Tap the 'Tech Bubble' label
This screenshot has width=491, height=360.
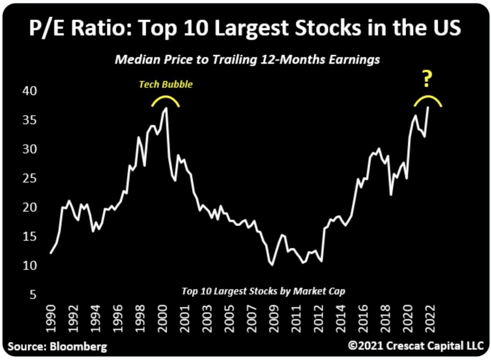pyautogui.click(x=165, y=84)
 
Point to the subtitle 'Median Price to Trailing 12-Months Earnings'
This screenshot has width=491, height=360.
pyautogui.click(x=247, y=59)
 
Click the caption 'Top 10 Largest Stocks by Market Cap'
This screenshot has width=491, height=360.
pyautogui.click(x=263, y=290)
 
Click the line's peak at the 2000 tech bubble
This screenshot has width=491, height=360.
pyautogui.click(x=166, y=108)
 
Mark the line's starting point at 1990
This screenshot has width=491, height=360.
pyautogui.click(x=51, y=253)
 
